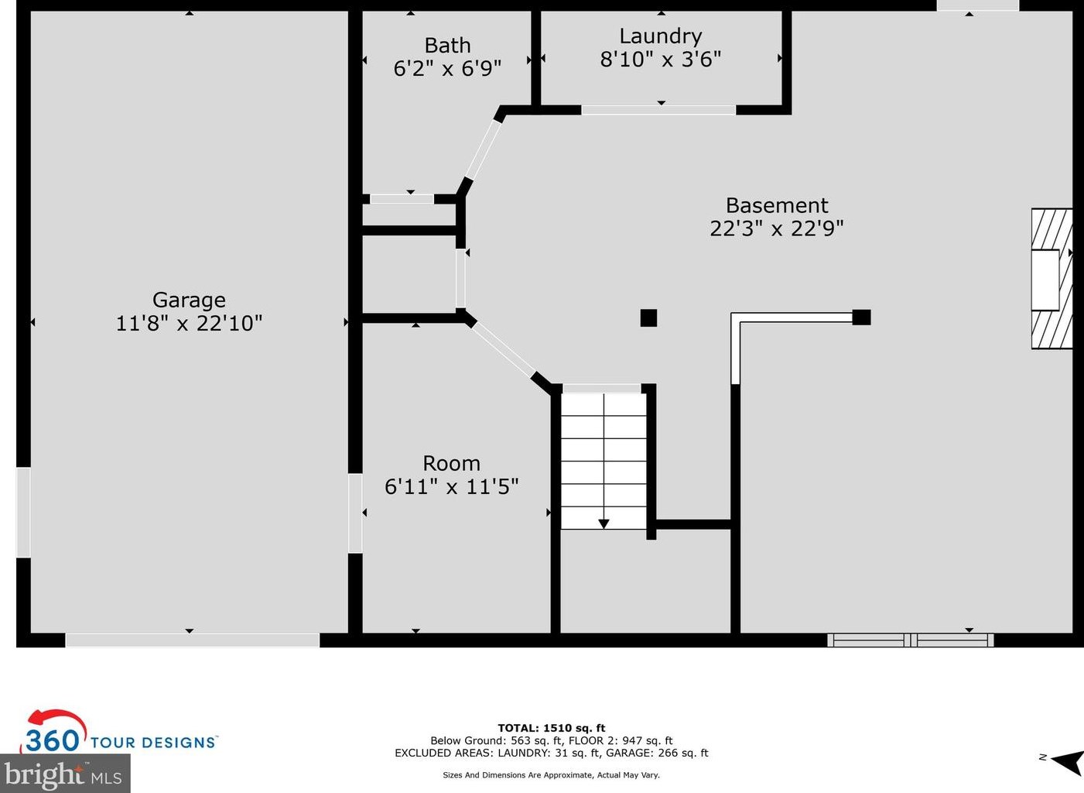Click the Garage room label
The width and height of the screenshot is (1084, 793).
click(x=189, y=300)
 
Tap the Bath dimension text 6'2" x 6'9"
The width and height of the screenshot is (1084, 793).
click(x=447, y=69)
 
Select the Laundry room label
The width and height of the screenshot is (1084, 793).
click(x=661, y=36)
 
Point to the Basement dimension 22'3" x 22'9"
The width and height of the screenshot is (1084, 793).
click(x=776, y=228)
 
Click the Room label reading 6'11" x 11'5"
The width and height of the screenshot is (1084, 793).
click(x=451, y=475)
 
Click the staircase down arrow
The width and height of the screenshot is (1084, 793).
click(x=604, y=524)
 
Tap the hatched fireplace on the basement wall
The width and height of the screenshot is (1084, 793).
click(x=1052, y=279)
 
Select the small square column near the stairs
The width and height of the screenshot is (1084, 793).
click(x=648, y=318)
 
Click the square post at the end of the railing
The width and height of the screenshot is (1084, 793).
click(x=861, y=317)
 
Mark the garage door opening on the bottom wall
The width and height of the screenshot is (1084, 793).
click(x=192, y=640)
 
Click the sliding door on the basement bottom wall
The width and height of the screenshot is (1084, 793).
click(x=910, y=640)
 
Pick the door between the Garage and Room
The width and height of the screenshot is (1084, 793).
click(x=355, y=513)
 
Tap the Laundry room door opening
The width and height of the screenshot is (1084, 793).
click(x=658, y=110)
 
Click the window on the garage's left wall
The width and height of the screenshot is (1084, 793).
click(x=23, y=512)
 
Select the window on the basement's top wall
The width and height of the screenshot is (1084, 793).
click(x=977, y=5)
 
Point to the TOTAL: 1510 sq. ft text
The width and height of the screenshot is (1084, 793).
click(x=551, y=728)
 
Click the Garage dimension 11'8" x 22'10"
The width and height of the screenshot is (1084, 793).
click(x=189, y=323)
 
